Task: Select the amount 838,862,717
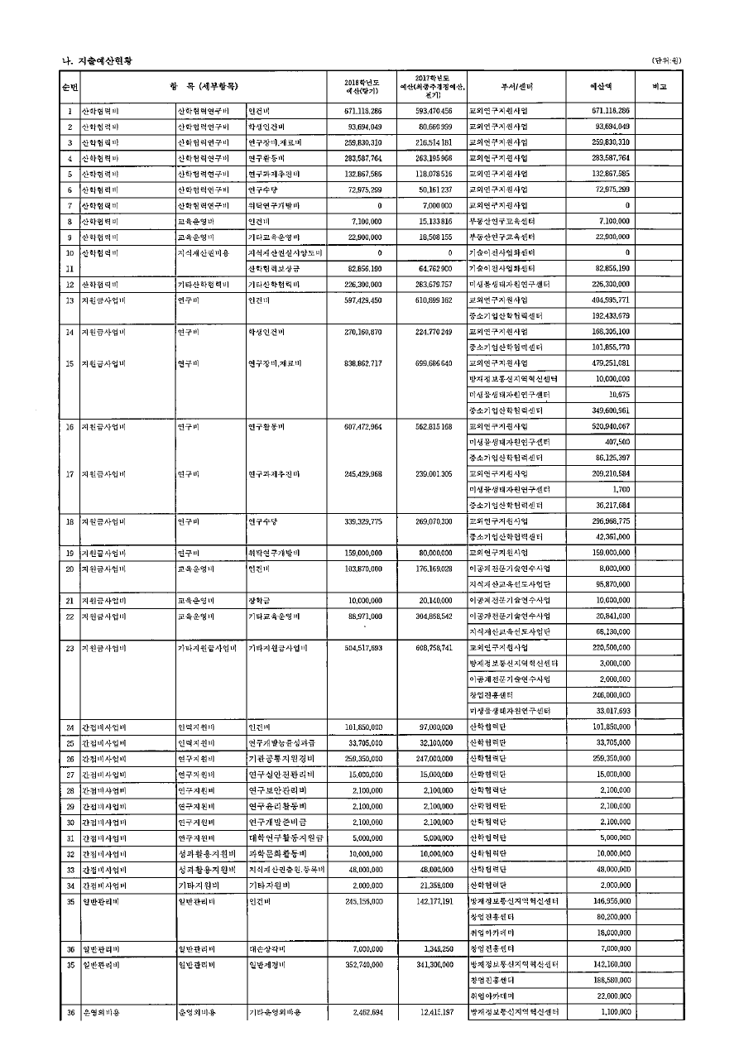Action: pos(363,363)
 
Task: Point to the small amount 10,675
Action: pos(618,395)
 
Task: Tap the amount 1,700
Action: pos(621,489)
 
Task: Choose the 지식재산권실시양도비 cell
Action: pos(285,252)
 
